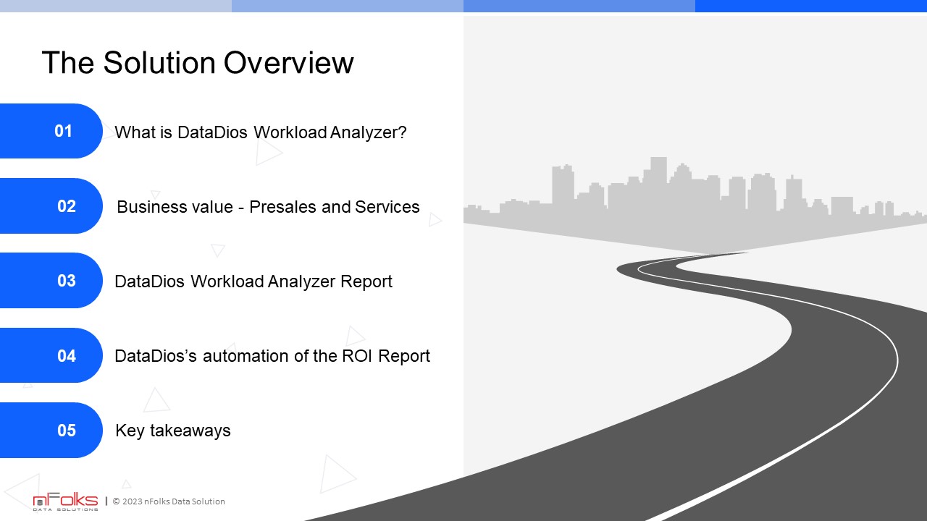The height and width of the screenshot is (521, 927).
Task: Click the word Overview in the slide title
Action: click(x=288, y=63)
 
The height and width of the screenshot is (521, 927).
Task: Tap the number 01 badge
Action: click(x=51, y=131)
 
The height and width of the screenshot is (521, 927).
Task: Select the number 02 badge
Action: click(x=51, y=206)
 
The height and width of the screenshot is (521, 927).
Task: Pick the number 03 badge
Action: click(x=51, y=280)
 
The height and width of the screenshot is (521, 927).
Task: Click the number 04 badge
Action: click(x=51, y=355)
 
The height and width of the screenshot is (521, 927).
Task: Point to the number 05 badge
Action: click(x=51, y=430)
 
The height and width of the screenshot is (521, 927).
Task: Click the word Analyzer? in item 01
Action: click(x=368, y=132)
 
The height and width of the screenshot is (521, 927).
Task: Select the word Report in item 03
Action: click(x=366, y=282)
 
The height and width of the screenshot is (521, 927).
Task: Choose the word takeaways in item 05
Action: click(x=190, y=431)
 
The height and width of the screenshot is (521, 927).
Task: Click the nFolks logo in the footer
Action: click(x=65, y=501)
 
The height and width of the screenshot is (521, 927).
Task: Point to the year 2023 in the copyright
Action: click(x=132, y=501)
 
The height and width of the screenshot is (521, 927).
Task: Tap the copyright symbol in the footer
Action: click(x=117, y=501)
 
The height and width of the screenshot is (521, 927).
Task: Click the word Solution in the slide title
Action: click(x=159, y=63)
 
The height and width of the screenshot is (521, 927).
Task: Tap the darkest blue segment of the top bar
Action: click(x=811, y=6)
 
